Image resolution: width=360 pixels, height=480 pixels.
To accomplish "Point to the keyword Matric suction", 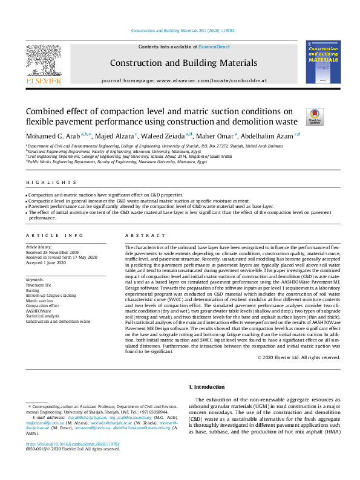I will [39, 300].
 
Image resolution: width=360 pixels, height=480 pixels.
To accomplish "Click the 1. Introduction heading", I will [208, 386].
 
